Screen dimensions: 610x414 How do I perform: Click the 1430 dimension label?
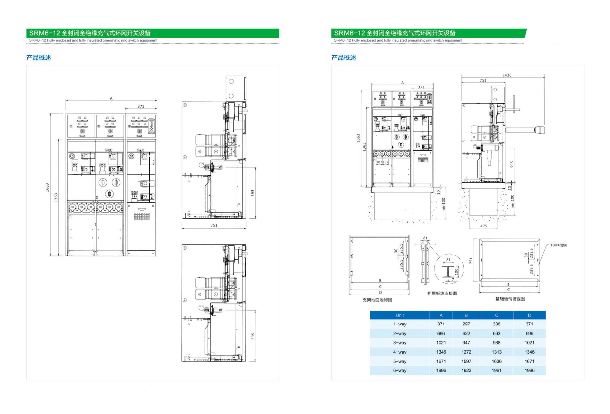[507, 75]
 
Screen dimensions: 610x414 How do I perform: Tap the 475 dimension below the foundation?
[484, 226]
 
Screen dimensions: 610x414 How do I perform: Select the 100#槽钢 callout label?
[558, 245]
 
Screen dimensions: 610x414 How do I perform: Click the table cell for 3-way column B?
[466, 343]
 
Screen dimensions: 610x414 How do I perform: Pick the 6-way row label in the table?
[400, 370]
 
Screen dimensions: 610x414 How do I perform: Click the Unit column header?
[400, 316]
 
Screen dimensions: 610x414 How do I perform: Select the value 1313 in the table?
[497, 352]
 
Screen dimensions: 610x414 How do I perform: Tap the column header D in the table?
[529, 316]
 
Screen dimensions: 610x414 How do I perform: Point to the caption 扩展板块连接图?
[442, 293]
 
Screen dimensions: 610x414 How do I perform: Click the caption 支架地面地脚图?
[377, 300]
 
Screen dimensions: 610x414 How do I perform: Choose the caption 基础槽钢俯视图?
[510, 299]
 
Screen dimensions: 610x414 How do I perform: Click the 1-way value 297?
[466, 324]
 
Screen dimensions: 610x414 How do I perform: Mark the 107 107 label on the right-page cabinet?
[382, 162]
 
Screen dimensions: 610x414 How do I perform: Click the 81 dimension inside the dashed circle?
[448, 260]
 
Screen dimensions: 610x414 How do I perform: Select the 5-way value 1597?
[466, 361]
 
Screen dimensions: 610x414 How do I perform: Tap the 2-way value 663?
[497, 334]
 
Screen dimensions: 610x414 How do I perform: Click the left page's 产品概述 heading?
[38, 58]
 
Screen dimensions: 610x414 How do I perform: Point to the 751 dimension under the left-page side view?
[214, 225]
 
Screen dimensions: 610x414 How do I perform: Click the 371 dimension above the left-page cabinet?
[141, 106]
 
